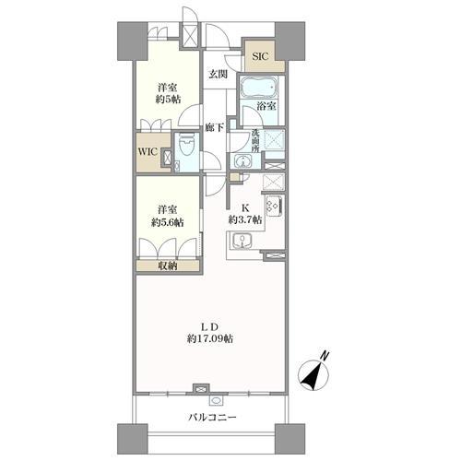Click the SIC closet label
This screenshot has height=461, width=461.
point(260,56)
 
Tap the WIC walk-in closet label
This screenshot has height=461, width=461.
point(148,152)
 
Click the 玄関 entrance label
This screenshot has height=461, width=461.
point(219,74)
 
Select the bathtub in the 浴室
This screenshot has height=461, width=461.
point(259,87)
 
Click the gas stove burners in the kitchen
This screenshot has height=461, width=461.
point(274,206)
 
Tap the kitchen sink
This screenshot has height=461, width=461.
point(242,240)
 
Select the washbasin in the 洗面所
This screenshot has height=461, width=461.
point(242,160)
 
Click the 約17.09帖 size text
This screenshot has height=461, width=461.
point(210,338)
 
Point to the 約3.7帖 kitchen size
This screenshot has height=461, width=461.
point(245,219)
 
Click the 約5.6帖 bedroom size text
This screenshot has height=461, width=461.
point(168,222)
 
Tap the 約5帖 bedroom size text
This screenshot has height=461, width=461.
point(168,100)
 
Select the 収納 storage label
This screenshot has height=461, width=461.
point(168,266)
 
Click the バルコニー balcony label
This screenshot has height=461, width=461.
point(212,417)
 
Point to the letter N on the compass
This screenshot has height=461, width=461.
point(325,356)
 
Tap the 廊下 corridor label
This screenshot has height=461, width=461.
point(215,127)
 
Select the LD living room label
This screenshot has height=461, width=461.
point(210,326)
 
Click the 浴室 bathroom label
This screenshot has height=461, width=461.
point(266,106)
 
